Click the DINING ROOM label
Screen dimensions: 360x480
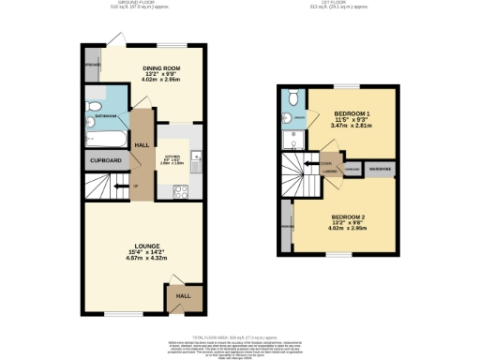[161, 67]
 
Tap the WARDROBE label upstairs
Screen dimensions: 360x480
[380, 168]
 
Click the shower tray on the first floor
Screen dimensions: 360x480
[293, 138]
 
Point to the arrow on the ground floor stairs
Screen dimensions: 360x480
[116, 188]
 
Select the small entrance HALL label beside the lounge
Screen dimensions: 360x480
[183, 296]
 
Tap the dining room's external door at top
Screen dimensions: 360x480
[114, 38]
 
